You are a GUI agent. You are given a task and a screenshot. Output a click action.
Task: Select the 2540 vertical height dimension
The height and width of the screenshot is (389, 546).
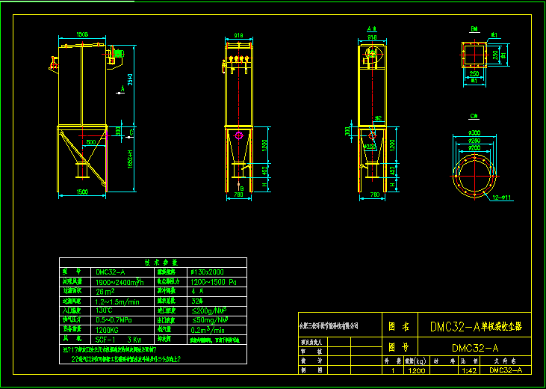point(131,80)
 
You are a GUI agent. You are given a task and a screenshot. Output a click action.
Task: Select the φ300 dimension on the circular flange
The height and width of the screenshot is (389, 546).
point(474,132)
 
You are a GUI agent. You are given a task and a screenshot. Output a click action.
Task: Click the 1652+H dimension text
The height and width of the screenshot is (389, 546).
point(131,156)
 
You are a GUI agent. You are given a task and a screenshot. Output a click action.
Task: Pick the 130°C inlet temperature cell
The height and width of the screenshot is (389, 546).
point(104,310)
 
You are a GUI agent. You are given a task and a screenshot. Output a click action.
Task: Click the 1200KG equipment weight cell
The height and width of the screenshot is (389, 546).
point(108,329)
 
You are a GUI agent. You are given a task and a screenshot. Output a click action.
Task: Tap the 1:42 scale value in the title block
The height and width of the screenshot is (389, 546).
point(469,370)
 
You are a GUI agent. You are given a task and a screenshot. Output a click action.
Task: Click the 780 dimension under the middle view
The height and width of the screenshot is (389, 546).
point(238,194)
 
